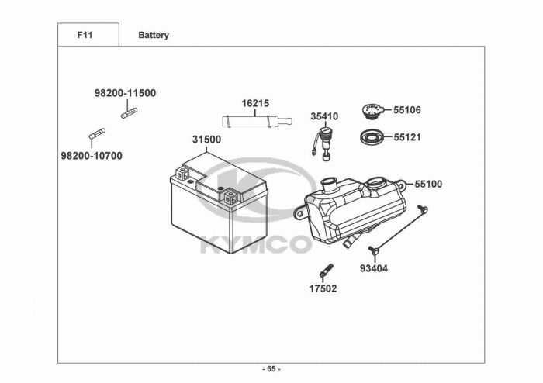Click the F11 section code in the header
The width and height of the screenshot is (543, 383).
[87, 35]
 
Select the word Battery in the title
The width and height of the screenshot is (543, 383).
[154, 35]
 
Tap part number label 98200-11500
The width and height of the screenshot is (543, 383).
[125, 93]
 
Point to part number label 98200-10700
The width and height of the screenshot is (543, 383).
[91, 155]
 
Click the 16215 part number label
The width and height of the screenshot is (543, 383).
[254, 103]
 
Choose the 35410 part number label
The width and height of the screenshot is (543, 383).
[324, 116]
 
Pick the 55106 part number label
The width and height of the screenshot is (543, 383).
[407, 110]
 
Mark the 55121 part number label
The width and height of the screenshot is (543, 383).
[407, 137]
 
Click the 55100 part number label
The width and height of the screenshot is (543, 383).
[428, 185]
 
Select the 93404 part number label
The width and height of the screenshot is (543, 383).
[373, 268]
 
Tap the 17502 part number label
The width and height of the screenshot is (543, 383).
[323, 289]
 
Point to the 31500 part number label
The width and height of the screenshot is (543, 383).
[206, 140]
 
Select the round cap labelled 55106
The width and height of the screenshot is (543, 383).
[372, 110]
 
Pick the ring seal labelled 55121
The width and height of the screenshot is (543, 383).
[372, 138]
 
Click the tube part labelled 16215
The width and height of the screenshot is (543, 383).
[256, 121]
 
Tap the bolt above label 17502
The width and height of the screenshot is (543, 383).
[326, 271]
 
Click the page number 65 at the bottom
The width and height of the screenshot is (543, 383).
[271, 368]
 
